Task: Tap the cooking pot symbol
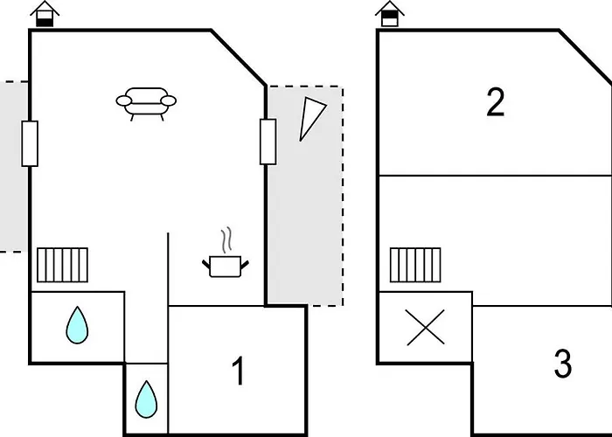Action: pos(223,264)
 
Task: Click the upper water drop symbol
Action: pos(78,325)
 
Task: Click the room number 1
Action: pos(238,372)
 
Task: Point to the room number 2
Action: pos(496,103)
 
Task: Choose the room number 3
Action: pos(563,364)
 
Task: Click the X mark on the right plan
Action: pos(425,328)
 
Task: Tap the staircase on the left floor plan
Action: pos(62,263)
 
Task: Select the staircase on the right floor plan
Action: pos(415,263)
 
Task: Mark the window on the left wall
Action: pos(30,143)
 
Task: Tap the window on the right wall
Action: pos(268,142)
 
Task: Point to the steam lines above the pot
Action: pos(227,239)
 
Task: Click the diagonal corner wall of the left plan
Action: pos(239,57)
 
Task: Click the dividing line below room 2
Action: pos(494,176)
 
